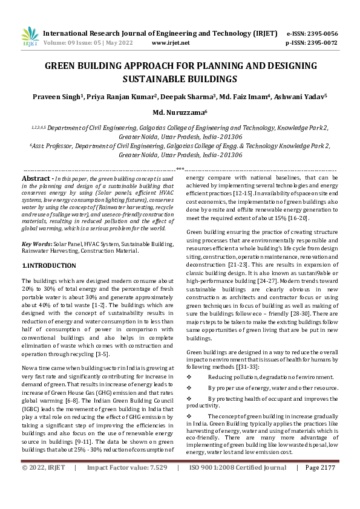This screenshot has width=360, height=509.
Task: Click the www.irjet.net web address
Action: click(171, 43)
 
